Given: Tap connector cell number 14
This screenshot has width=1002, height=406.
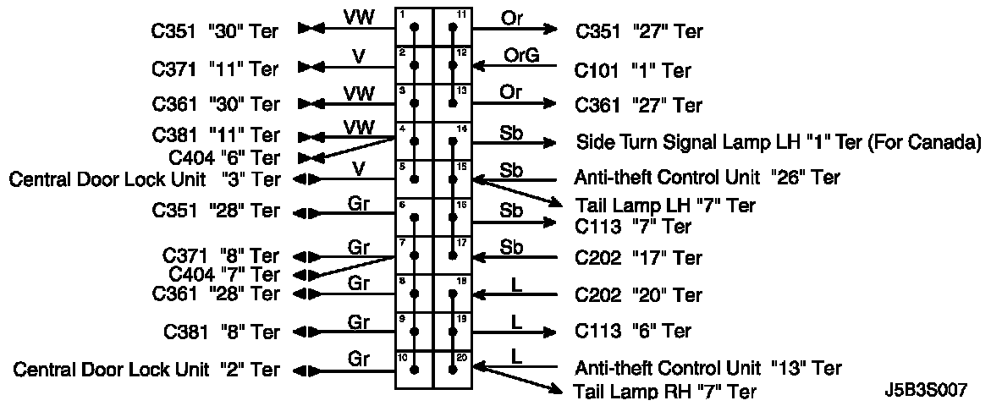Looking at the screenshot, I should tap(453, 141).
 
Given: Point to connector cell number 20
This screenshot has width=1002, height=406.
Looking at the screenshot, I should tap(453, 369).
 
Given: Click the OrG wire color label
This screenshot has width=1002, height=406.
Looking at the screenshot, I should tap(520, 55).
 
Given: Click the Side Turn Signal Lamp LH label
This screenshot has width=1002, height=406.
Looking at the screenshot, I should tap(778, 142).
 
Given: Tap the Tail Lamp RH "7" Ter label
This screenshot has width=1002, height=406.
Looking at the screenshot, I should tap(665, 391).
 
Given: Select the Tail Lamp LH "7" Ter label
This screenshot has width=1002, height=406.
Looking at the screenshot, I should tap(665, 206).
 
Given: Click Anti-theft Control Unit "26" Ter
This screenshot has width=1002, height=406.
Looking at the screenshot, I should tap(707, 178).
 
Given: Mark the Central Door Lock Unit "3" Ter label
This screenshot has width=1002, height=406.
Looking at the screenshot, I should tap(144, 179).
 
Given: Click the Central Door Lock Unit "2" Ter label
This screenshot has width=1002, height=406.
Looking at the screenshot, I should tap(146, 370).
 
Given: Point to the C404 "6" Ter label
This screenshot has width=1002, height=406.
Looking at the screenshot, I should tap(224, 157).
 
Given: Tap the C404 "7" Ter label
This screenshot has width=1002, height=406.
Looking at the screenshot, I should tap(224, 274).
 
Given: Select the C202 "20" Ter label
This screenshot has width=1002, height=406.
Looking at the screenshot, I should tap(639, 295).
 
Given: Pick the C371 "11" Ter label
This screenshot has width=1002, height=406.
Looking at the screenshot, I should tap(216, 68).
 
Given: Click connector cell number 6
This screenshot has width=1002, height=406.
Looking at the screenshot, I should tap(414, 217).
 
